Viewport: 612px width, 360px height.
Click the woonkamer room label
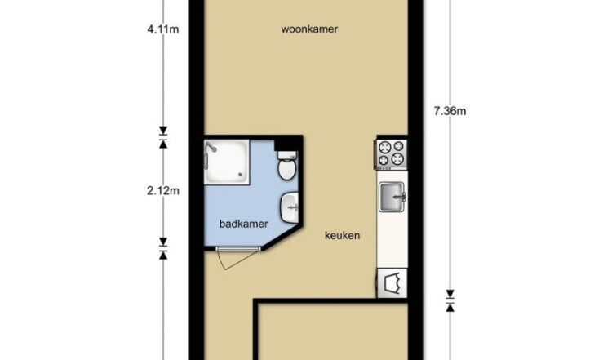(309, 29)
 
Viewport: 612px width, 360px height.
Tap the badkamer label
(243, 224)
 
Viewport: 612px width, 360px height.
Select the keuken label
(342, 235)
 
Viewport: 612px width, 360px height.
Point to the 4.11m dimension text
(163, 29)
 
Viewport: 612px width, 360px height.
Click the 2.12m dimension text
(163, 191)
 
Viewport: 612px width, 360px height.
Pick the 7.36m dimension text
(450, 111)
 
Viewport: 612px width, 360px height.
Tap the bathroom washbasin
(289, 208)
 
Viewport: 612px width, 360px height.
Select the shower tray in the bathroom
(227, 162)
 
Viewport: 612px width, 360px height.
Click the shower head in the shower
(211, 146)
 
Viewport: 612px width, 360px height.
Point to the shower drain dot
(242, 175)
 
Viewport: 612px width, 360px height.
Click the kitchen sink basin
(392, 198)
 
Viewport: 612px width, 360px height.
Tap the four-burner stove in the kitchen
(392, 153)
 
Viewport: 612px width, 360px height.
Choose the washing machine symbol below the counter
(392, 283)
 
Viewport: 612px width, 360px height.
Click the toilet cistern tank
(287, 155)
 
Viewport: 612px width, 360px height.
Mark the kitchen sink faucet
(401, 196)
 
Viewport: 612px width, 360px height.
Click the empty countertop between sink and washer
(392, 241)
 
